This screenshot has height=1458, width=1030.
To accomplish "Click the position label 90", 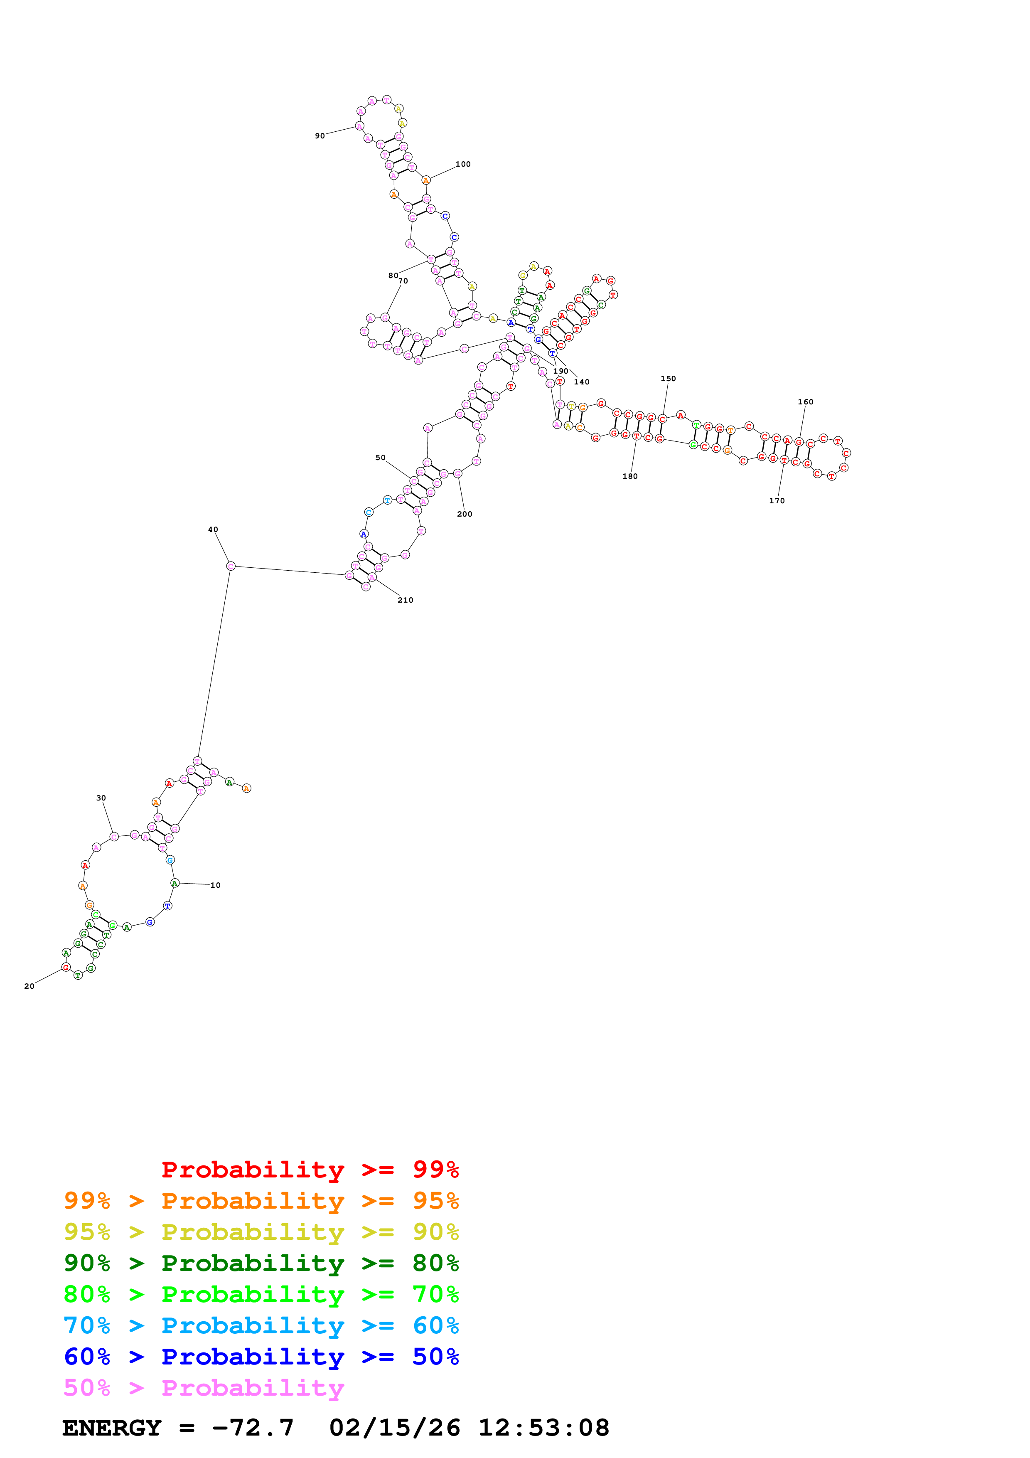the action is [320, 136].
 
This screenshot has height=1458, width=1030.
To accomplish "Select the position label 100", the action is [463, 164].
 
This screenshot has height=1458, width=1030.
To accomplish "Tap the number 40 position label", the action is [213, 529].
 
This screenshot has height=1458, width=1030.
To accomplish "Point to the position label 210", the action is [406, 600].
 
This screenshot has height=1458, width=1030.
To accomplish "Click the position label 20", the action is [29, 986].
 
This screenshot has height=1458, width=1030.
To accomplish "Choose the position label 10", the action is [216, 885].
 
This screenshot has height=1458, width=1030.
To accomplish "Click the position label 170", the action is [777, 500].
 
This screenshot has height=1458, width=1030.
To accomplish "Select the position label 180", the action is [630, 476].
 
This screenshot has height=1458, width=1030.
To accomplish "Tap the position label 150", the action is [668, 379].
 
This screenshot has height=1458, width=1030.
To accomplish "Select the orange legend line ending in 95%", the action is [261, 1200].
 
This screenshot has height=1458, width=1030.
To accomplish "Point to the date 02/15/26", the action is [395, 1428].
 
